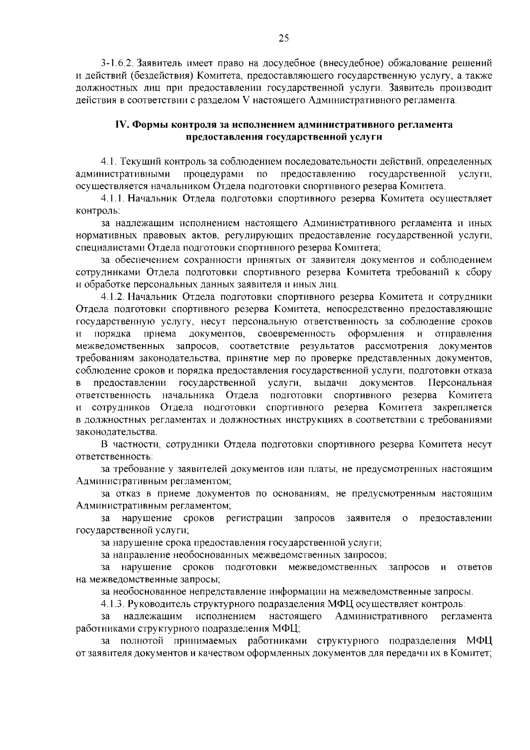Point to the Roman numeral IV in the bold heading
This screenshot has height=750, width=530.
click(x=121, y=125)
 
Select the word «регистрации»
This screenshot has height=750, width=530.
click(x=254, y=517)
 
